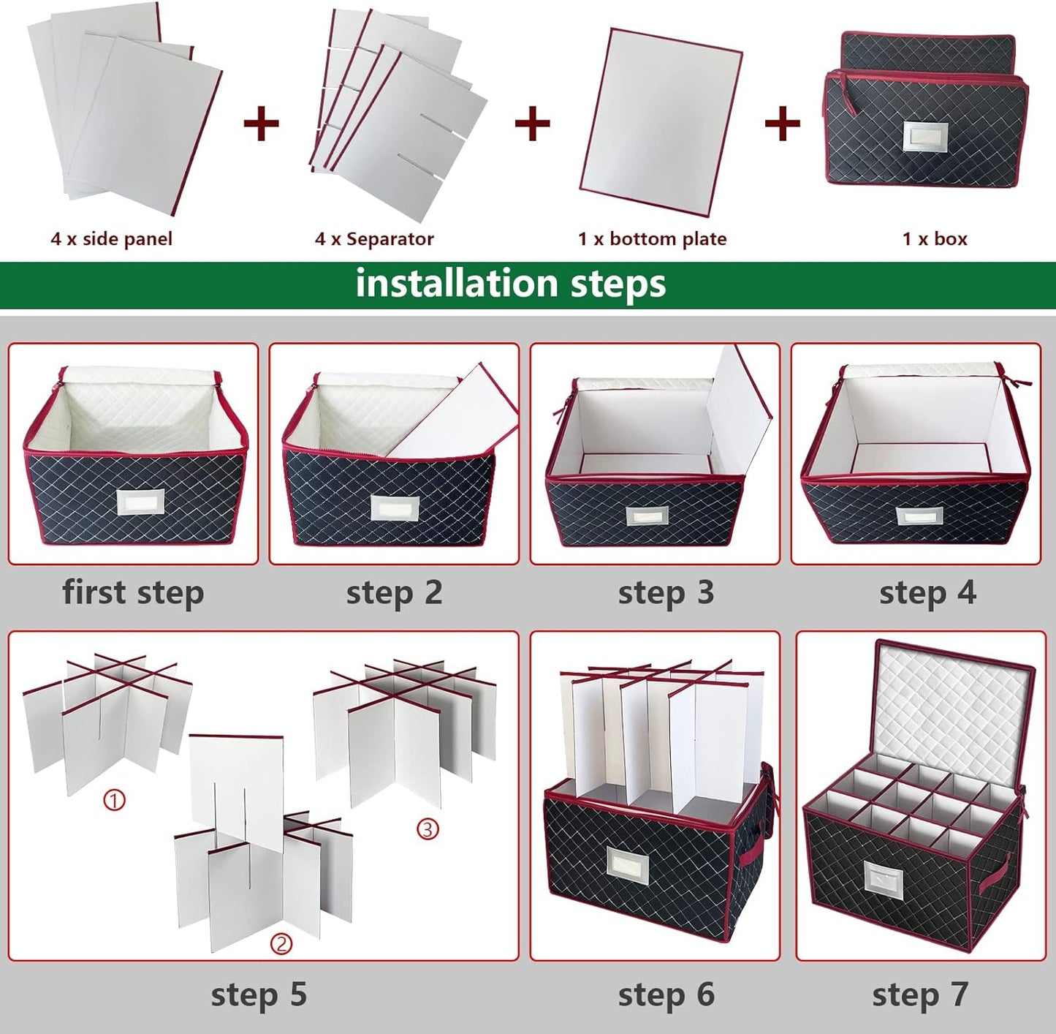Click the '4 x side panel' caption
click(x=111, y=239)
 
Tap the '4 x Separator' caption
click(x=374, y=239)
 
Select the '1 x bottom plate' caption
click(x=652, y=239)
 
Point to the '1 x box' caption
click(x=934, y=239)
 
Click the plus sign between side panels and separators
click(x=261, y=123)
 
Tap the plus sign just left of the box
click(x=782, y=123)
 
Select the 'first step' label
click(x=133, y=592)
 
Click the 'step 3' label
click(x=666, y=592)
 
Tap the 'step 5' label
click(x=259, y=995)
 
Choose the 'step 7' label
click(x=919, y=995)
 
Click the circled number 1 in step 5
click(x=114, y=800)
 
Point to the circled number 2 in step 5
click(x=281, y=944)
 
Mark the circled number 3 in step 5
click(x=428, y=829)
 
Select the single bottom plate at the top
click(x=661, y=122)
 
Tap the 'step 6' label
click(x=666, y=995)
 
